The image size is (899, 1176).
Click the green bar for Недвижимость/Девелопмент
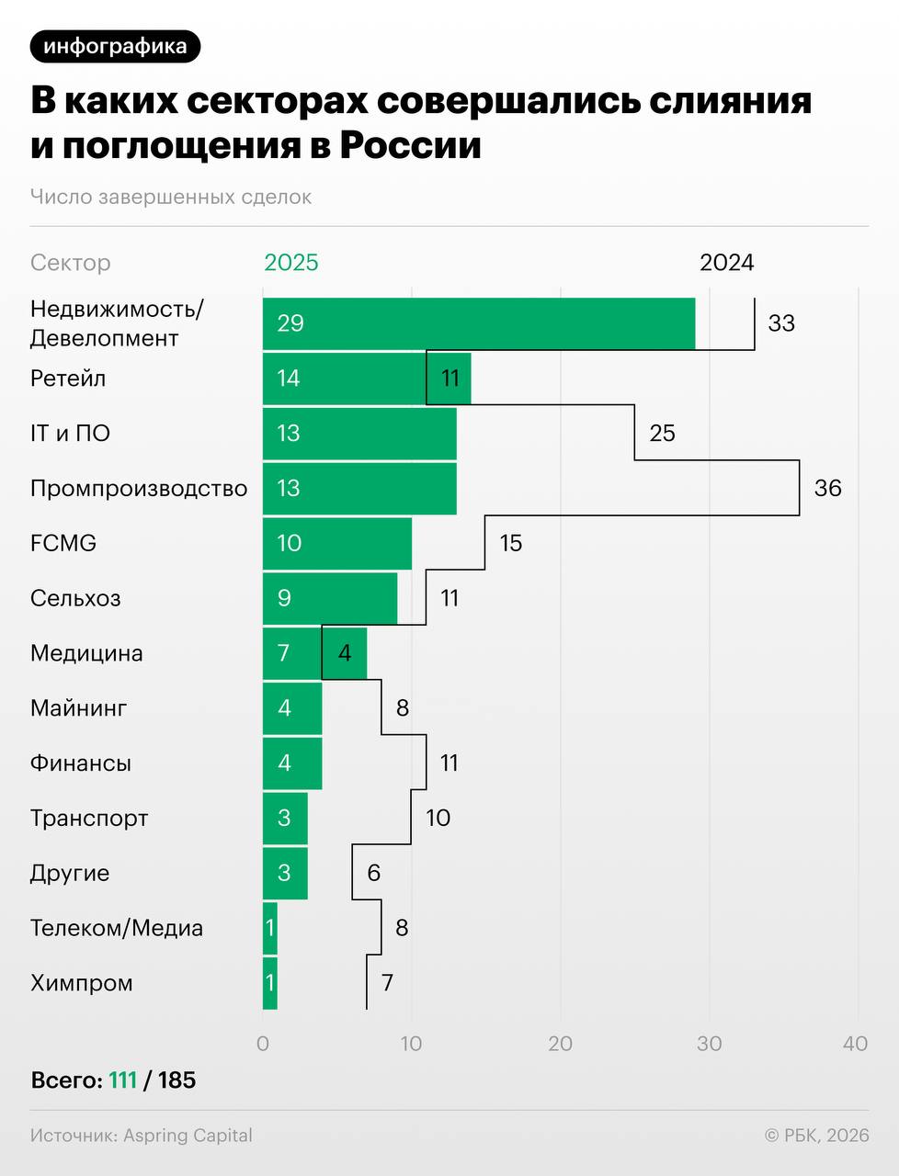coord(478,323)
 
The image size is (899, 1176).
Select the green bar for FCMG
coord(337,543)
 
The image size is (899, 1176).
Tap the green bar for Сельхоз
coord(330,598)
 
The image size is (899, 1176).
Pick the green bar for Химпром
coord(270,983)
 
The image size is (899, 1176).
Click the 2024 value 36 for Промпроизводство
coord(827,488)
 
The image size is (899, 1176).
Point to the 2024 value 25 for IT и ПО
coord(662,433)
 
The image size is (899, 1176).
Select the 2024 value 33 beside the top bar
coord(781,323)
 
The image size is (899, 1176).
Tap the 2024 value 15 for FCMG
coord(510,543)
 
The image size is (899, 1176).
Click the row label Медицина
coord(86,653)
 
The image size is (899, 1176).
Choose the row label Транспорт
coord(89,818)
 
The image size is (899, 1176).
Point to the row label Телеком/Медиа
coord(117,928)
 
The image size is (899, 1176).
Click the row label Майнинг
coord(78,708)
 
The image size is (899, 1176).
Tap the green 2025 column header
coord(290,263)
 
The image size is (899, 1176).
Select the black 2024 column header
coord(726,263)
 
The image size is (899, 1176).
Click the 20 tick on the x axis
coord(560,1044)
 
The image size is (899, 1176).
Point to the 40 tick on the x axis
coord(855,1044)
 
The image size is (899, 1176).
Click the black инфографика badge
coord(115,46)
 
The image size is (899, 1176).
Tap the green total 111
coord(122,1080)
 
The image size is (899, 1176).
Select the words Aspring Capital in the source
coord(188,1136)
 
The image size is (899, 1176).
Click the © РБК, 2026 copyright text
coord(816,1136)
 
